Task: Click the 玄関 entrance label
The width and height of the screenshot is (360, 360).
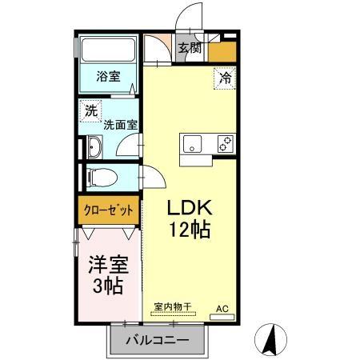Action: (190, 47)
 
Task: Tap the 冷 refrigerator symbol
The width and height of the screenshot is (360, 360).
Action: (226, 78)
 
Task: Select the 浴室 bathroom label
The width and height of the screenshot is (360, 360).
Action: (108, 78)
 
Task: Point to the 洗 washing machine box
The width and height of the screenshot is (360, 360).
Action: (90, 111)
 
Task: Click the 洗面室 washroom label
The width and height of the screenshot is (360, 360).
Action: (120, 125)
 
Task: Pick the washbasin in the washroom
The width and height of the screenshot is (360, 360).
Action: (94, 147)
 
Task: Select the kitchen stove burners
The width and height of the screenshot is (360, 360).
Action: (225, 144)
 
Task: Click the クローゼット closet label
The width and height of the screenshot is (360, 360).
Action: (109, 211)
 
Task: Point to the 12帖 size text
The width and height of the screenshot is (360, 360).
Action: (189, 231)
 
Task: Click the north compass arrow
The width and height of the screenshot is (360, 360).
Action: (270, 339)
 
